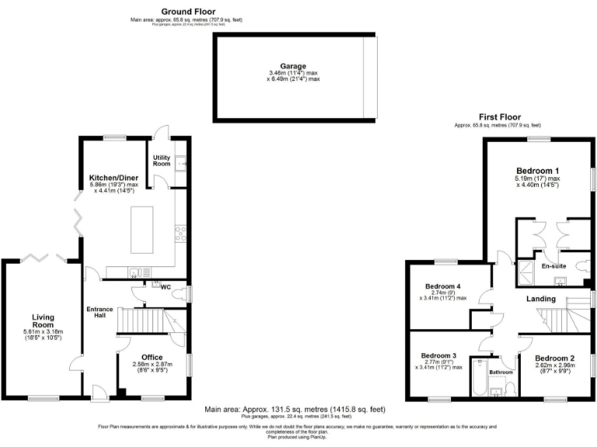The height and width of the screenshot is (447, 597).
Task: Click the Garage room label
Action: pos(294,67)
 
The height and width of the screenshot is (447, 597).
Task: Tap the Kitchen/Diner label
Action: pos(113,178)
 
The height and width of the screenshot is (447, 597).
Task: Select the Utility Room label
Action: pos(161,161)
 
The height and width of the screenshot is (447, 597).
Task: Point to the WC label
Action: pos(166,286)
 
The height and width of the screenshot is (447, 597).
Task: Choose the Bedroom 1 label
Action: pos(538,170)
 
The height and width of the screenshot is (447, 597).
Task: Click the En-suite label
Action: pos(553,266)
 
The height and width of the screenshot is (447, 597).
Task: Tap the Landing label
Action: pos(541,299)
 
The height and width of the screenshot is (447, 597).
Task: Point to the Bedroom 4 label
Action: pos(442,285)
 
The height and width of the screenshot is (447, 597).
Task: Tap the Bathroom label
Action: pos(501,372)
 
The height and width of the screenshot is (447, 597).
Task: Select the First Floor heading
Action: pos(497,116)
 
